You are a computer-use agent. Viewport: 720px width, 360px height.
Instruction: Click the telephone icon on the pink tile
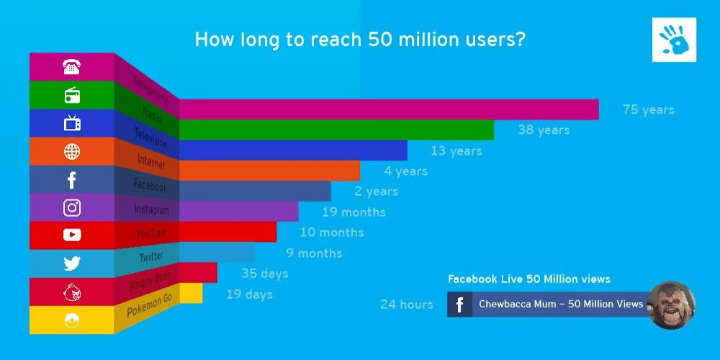tap(71, 68)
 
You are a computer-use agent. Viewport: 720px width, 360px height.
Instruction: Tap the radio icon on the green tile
tap(72, 95)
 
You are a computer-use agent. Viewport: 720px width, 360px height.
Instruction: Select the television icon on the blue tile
tap(72, 123)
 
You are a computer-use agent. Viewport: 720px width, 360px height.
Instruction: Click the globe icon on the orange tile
tap(72, 151)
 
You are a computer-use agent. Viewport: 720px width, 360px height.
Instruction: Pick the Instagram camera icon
tap(72, 208)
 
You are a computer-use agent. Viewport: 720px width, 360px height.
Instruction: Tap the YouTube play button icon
tap(72, 235)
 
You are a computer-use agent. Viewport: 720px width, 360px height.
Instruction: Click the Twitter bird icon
tap(72, 264)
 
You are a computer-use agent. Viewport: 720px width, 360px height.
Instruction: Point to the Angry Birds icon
tap(72, 292)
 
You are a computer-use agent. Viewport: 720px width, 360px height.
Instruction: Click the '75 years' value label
tap(648, 110)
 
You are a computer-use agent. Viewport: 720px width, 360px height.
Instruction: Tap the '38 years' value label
tap(544, 130)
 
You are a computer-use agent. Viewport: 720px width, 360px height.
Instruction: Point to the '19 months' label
tap(353, 212)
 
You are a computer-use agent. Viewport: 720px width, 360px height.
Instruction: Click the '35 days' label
tap(264, 274)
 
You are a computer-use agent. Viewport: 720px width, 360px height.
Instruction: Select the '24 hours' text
tap(407, 305)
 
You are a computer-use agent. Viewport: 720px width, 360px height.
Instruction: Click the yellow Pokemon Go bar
tap(191, 293)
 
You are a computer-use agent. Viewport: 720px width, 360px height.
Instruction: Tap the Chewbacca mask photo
tap(671, 305)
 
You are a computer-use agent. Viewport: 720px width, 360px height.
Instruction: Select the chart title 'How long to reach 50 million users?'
tap(360, 39)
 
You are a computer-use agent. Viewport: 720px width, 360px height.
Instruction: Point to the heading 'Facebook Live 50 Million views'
tap(528, 279)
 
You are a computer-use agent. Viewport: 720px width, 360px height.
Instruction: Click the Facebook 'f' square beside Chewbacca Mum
tap(459, 305)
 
